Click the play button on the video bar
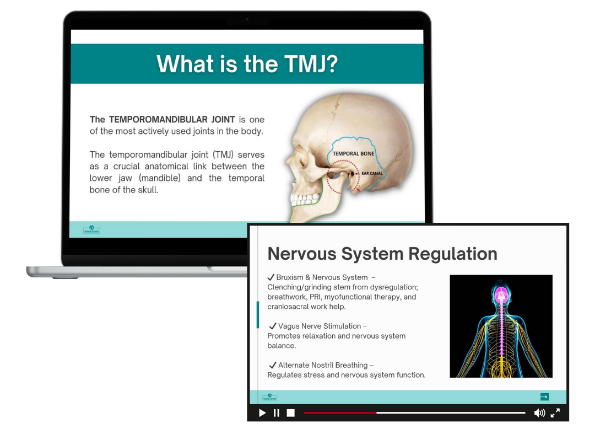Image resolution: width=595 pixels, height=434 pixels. [262, 412]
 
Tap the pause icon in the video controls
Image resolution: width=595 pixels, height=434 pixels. [277, 412]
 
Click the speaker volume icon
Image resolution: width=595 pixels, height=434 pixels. [539, 412]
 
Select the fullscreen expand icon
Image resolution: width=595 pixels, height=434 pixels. [555, 412]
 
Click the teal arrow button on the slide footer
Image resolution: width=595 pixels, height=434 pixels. [544, 397]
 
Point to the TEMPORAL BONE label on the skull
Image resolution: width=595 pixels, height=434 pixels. [353, 153]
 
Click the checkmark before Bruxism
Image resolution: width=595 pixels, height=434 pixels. [271, 277]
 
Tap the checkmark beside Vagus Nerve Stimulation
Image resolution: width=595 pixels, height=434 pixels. [273, 326]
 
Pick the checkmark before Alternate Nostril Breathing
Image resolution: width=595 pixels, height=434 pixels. [273, 365]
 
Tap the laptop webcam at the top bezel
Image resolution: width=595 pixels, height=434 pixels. [247, 19]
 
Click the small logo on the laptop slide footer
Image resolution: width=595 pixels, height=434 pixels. [91, 229]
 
